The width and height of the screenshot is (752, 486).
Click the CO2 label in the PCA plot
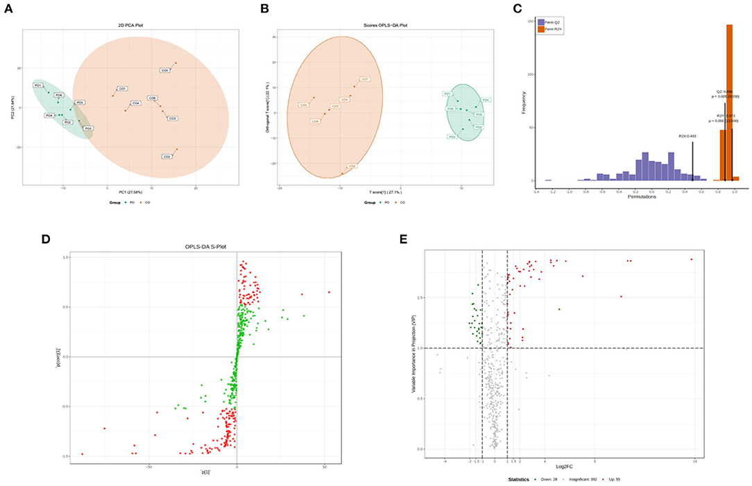pos(166,157)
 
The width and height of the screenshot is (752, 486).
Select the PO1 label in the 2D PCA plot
pos(37,85)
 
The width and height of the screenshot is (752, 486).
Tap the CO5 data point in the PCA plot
pos(176,63)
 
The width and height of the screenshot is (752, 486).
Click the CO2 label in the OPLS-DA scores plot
pos(352,166)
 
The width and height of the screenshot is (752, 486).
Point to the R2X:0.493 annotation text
pos(687,137)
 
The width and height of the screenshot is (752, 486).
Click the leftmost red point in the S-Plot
pos(82,454)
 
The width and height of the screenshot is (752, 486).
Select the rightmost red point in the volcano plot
pos(692,259)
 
